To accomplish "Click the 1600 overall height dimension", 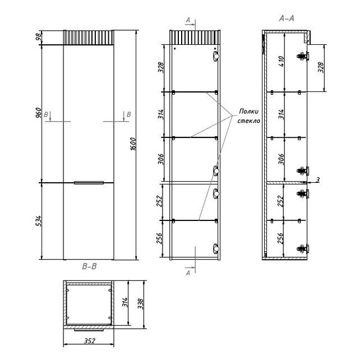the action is (133, 144).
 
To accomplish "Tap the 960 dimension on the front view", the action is (39, 113).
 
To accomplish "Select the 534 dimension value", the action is (39, 221).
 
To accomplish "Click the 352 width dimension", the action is (89, 341).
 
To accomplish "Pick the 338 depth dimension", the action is (140, 303).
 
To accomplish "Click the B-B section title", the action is (89, 266).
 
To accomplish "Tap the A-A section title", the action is (287, 19).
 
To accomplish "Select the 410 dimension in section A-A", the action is (281, 61).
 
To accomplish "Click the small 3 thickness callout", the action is (317, 180).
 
